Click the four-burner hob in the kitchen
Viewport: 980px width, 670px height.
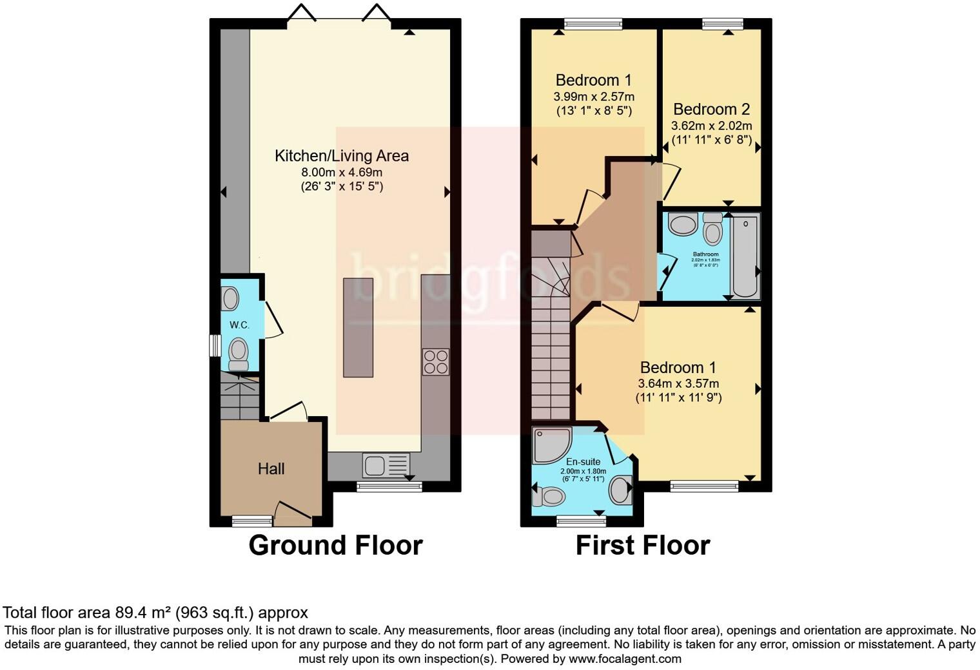[x=435, y=361]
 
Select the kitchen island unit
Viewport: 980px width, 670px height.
[x=358, y=327]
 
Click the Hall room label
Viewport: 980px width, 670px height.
[x=271, y=469]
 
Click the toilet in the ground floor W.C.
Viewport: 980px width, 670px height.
[x=239, y=354]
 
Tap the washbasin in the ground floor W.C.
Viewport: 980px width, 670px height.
[x=230, y=298]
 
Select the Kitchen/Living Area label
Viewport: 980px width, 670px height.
[x=342, y=155]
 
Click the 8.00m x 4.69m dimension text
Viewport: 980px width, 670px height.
[x=342, y=172]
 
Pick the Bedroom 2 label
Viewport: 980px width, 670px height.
[x=711, y=109]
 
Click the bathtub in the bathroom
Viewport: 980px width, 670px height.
[x=745, y=256]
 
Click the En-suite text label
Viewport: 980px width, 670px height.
[x=583, y=461]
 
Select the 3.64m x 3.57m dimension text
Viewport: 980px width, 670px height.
[x=678, y=383]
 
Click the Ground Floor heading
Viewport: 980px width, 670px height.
[x=335, y=546]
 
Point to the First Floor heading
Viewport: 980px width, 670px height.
[x=642, y=546]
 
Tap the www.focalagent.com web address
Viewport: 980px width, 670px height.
[x=625, y=659]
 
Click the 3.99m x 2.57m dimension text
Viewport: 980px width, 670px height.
[x=593, y=97]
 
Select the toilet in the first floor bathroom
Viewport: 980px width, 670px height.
[x=712, y=229]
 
